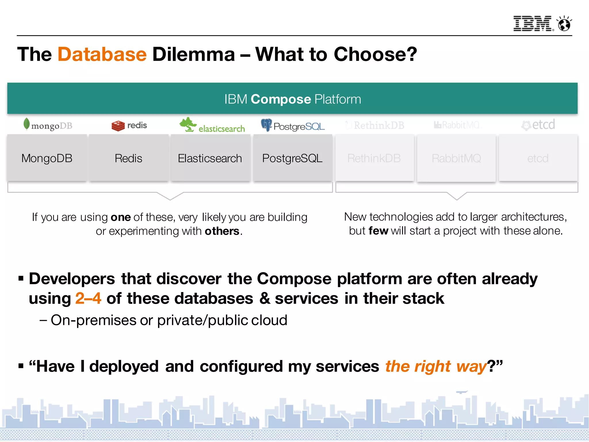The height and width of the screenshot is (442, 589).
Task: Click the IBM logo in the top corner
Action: tap(533, 24)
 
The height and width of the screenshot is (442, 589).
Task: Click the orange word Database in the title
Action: tap(102, 54)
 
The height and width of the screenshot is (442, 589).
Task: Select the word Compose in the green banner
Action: tap(281, 99)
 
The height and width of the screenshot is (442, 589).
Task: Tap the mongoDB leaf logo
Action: tap(26, 124)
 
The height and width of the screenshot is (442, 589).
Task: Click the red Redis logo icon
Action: tap(118, 126)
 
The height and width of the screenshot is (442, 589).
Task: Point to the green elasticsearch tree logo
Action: tap(188, 125)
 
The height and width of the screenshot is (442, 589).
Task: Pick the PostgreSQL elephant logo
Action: tap(266, 125)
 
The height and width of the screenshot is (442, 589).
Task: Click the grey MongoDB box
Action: tap(47, 158)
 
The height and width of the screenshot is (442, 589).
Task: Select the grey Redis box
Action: tap(129, 158)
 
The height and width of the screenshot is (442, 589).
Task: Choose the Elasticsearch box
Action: tap(210, 158)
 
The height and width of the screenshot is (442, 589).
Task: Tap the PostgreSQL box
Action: tap(292, 158)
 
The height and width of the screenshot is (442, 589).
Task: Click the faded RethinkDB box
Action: tap(374, 158)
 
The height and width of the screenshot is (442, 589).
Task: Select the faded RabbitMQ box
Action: tap(456, 158)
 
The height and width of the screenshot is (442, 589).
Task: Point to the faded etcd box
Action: tap(538, 158)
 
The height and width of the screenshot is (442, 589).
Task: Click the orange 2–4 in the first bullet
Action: tap(88, 298)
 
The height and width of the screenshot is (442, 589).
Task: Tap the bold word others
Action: tap(222, 231)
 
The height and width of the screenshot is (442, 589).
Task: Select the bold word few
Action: tap(378, 231)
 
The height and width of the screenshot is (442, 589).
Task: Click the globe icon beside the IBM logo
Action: tap(564, 24)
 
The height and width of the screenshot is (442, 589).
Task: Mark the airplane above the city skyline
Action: tap(462, 392)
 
